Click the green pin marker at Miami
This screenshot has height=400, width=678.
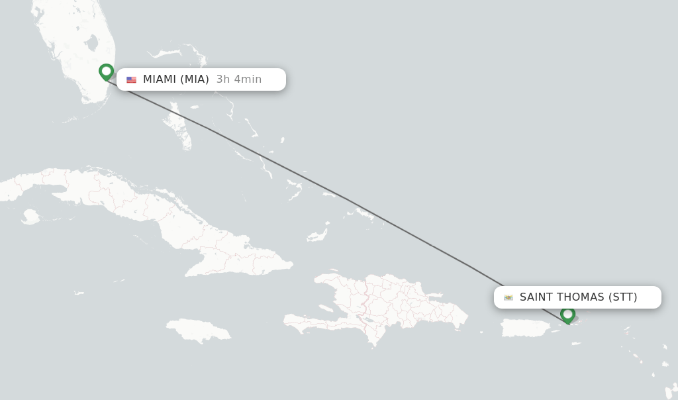106,72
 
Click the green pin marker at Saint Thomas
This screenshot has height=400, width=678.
567,315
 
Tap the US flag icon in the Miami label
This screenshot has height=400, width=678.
131,80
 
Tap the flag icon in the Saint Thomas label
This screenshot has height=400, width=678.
508,297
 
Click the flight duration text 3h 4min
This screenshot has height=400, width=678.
238,79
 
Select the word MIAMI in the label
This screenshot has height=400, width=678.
160,79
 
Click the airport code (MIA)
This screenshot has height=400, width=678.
195,79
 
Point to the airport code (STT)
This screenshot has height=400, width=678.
622,297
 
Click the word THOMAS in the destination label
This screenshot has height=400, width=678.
581,297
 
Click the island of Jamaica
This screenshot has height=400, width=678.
199,330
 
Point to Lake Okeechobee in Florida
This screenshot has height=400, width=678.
91,44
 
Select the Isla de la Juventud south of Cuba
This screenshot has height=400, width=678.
30,217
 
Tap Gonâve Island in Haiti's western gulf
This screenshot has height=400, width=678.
326,309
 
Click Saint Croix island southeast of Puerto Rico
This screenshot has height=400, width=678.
576,344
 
